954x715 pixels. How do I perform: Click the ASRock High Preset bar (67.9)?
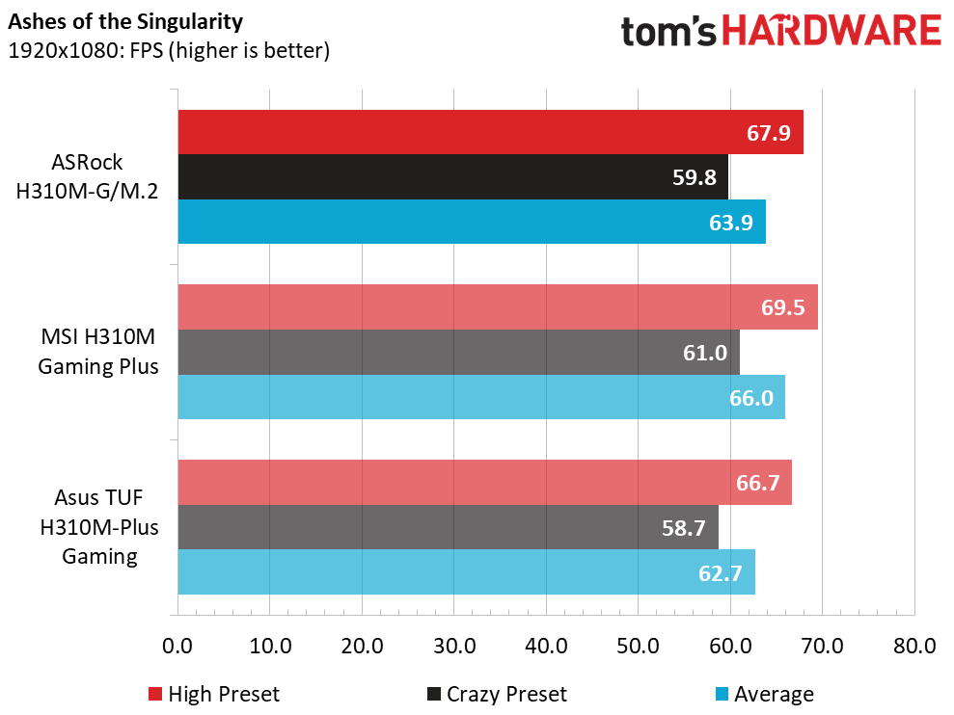[490, 132]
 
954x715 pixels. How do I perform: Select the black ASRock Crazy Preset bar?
[453, 177]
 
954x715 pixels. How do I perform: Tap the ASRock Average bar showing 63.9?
[472, 222]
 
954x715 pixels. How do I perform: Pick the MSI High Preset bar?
[498, 307]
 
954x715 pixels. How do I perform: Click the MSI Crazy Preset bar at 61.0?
[459, 352]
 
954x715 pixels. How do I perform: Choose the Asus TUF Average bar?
[467, 572]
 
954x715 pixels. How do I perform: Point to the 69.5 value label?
[782, 307]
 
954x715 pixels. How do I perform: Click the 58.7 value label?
[683, 528]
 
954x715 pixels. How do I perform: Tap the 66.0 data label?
[751, 398]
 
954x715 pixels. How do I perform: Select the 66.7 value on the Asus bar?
[757, 483]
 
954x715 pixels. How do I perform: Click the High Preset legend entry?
[214, 694]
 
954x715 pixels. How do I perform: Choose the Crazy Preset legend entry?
[497, 694]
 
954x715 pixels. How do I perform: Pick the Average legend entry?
[764, 694]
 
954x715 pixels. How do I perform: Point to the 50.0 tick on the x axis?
[638, 646]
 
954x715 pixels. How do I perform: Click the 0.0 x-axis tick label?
[177, 646]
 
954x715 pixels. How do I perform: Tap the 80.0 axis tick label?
[914, 646]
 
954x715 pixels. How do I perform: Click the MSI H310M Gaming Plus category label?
[98, 352]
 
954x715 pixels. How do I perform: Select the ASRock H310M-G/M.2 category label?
[87, 176]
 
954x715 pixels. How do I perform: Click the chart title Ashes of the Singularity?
[125, 22]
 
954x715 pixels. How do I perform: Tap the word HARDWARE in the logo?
[831, 31]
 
